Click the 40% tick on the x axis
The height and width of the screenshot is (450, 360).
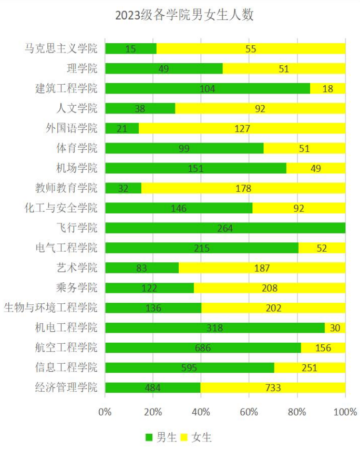[x=201, y=412]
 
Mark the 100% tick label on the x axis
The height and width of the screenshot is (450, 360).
[x=345, y=412]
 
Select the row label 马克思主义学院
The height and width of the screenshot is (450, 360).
[x=61, y=49]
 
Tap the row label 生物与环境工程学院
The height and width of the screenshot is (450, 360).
[x=50, y=308]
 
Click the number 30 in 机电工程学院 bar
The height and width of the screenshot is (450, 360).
[x=335, y=328]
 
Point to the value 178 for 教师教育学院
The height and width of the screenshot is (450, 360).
[x=243, y=189]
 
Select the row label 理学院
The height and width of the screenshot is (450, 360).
[x=82, y=69]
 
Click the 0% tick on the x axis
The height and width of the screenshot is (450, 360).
[x=105, y=412]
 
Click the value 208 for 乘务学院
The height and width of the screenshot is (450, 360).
[x=269, y=288]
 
